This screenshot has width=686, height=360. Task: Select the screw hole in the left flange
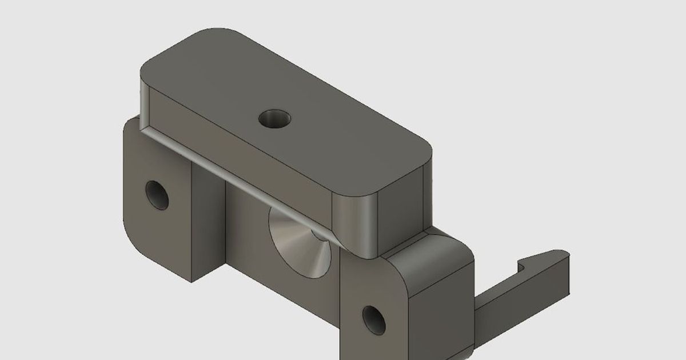point(157,195)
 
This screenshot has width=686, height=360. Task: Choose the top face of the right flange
point(434,251)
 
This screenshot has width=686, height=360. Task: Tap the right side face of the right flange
point(443,314)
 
